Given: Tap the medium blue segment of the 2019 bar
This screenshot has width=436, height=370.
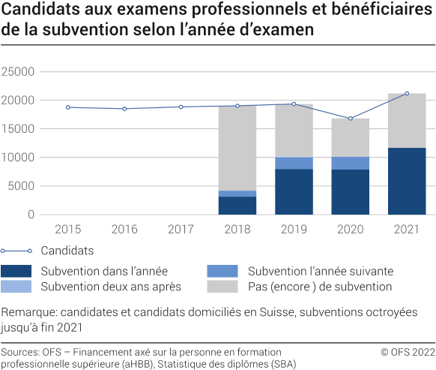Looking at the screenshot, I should (294, 163).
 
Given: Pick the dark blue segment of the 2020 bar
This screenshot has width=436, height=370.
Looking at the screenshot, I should (350, 191).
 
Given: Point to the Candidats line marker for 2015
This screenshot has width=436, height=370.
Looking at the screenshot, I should (68, 107).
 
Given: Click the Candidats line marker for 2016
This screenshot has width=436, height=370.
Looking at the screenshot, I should (124, 109).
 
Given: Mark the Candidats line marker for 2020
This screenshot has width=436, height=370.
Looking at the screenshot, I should (350, 119).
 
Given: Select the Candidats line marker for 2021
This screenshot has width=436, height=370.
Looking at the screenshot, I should (406, 94).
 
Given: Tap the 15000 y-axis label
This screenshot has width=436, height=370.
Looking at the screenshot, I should (19, 129).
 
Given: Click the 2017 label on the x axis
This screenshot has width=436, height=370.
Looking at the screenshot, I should (181, 227).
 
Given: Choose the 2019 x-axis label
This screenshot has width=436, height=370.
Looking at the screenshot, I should (294, 227).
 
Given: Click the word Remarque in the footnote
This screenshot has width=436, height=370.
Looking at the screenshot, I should (28, 312).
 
